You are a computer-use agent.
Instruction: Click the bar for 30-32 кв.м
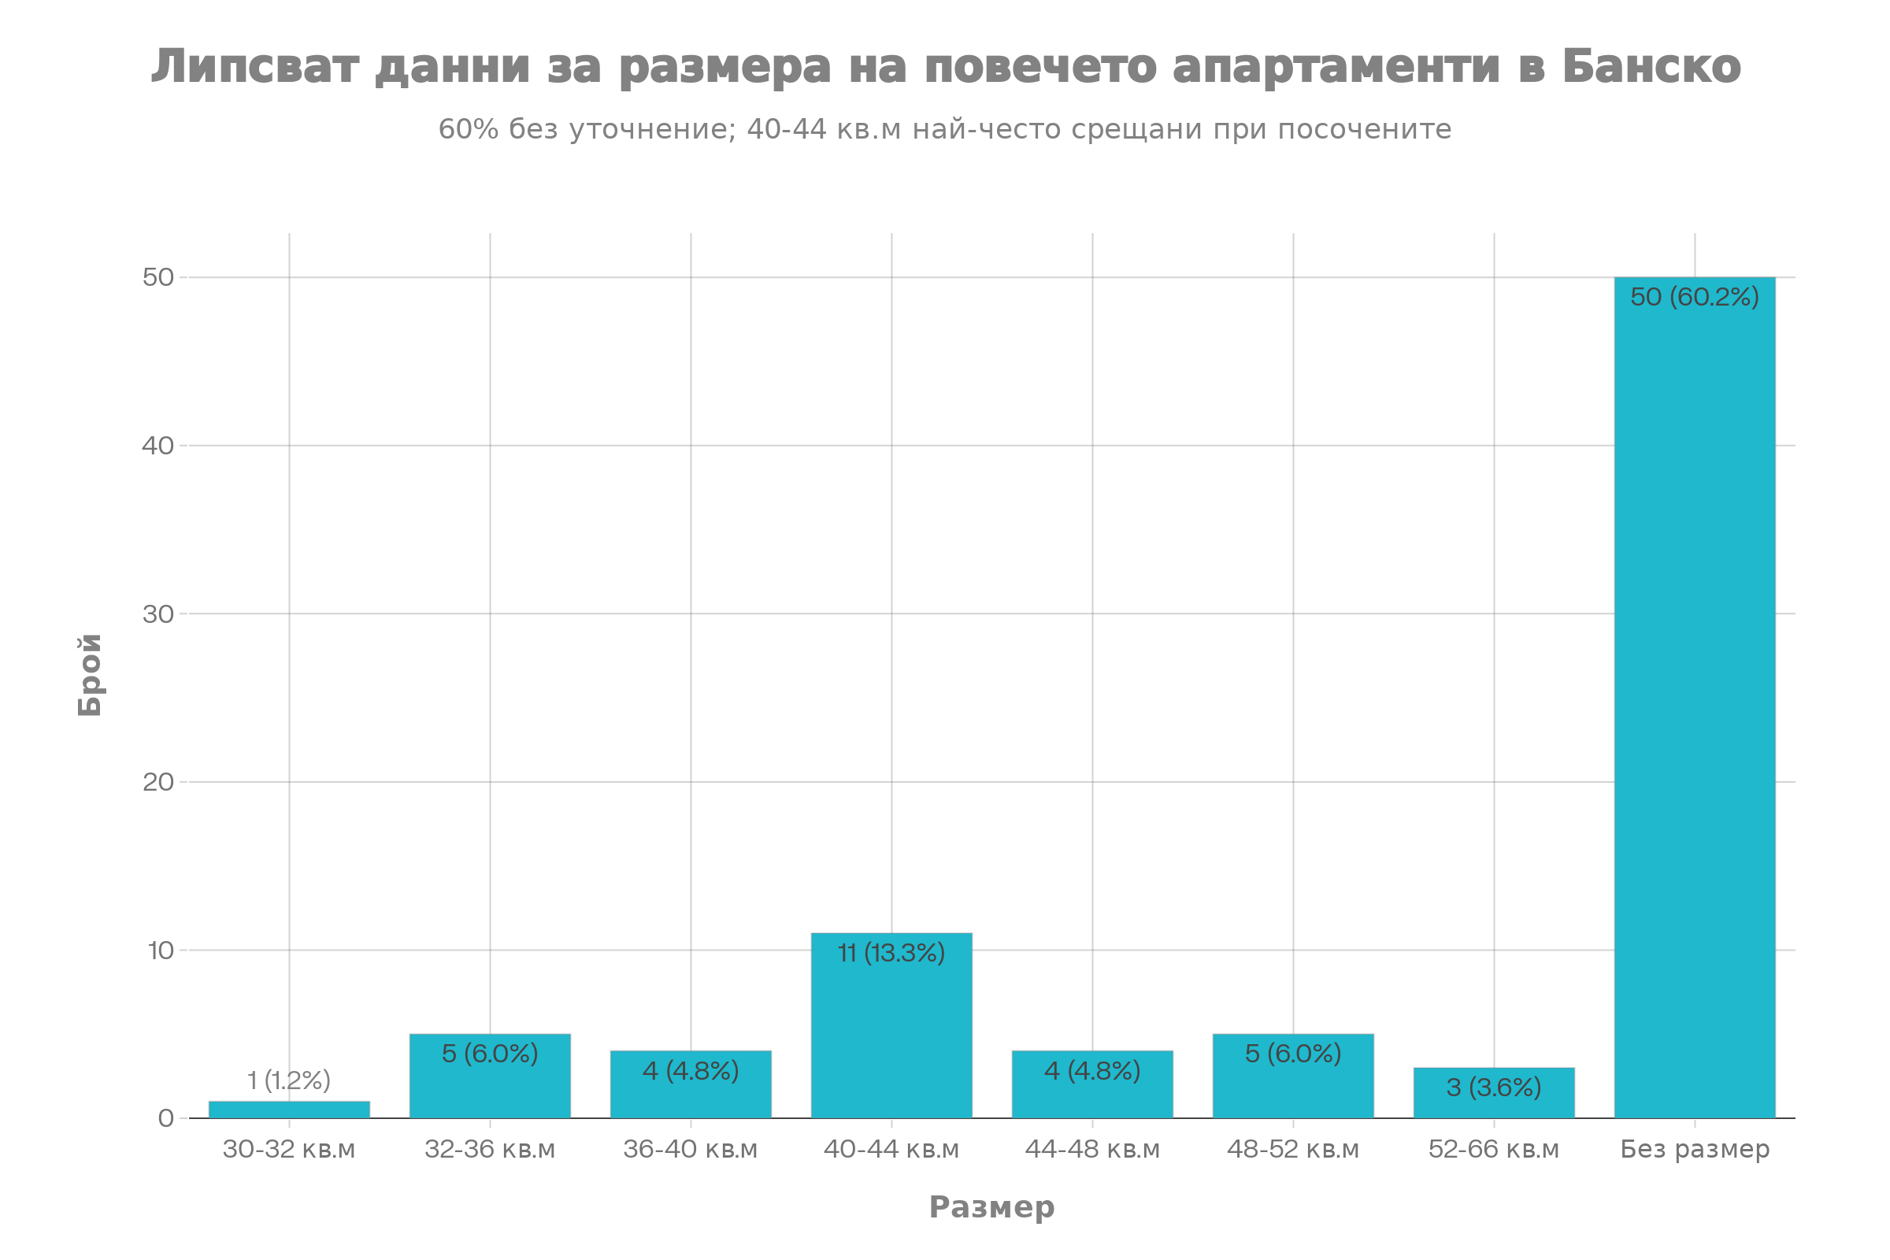coord(289,1109)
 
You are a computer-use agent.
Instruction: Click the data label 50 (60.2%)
coord(1695,298)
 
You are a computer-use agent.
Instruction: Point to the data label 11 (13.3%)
coord(891,953)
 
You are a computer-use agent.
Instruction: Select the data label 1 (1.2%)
coord(289,1080)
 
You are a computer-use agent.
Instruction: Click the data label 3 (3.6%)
coord(1494,1088)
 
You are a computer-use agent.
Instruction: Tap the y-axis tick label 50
coord(158,277)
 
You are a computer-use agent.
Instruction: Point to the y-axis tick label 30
coord(158,614)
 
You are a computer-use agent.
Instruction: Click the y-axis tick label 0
coord(166,1117)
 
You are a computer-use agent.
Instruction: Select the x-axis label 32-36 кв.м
coord(490,1150)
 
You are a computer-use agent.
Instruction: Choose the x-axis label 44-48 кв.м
coord(1092,1150)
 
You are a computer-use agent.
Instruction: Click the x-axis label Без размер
coord(1695,1150)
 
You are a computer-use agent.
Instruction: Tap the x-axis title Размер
coord(991,1207)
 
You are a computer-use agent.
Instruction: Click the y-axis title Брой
coord(90,675)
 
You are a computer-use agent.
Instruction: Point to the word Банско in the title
coord(1652,66)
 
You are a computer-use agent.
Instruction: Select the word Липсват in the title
coord(254,66)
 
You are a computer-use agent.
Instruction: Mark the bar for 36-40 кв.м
coord(691,1085)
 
